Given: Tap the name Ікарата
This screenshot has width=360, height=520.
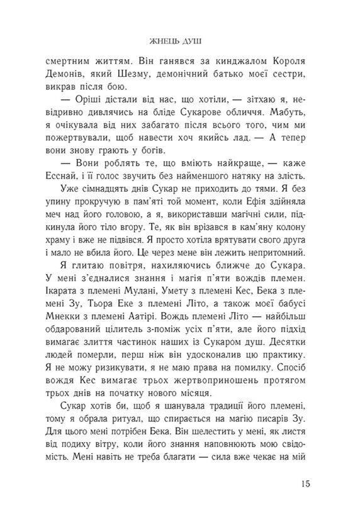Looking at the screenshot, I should click(x=65, y=311).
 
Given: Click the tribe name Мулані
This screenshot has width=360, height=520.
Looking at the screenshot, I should click(x=156, y=311).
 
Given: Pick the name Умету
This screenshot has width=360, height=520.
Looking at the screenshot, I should click(x=191, y=311).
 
